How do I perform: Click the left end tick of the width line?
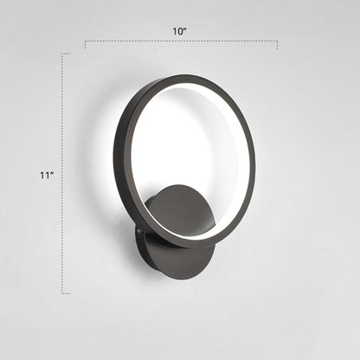tap(85, 43)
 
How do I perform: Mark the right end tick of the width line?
tap(277, 43)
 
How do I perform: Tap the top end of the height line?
tap(62, 54)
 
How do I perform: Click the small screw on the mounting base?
tap(136, 231)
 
